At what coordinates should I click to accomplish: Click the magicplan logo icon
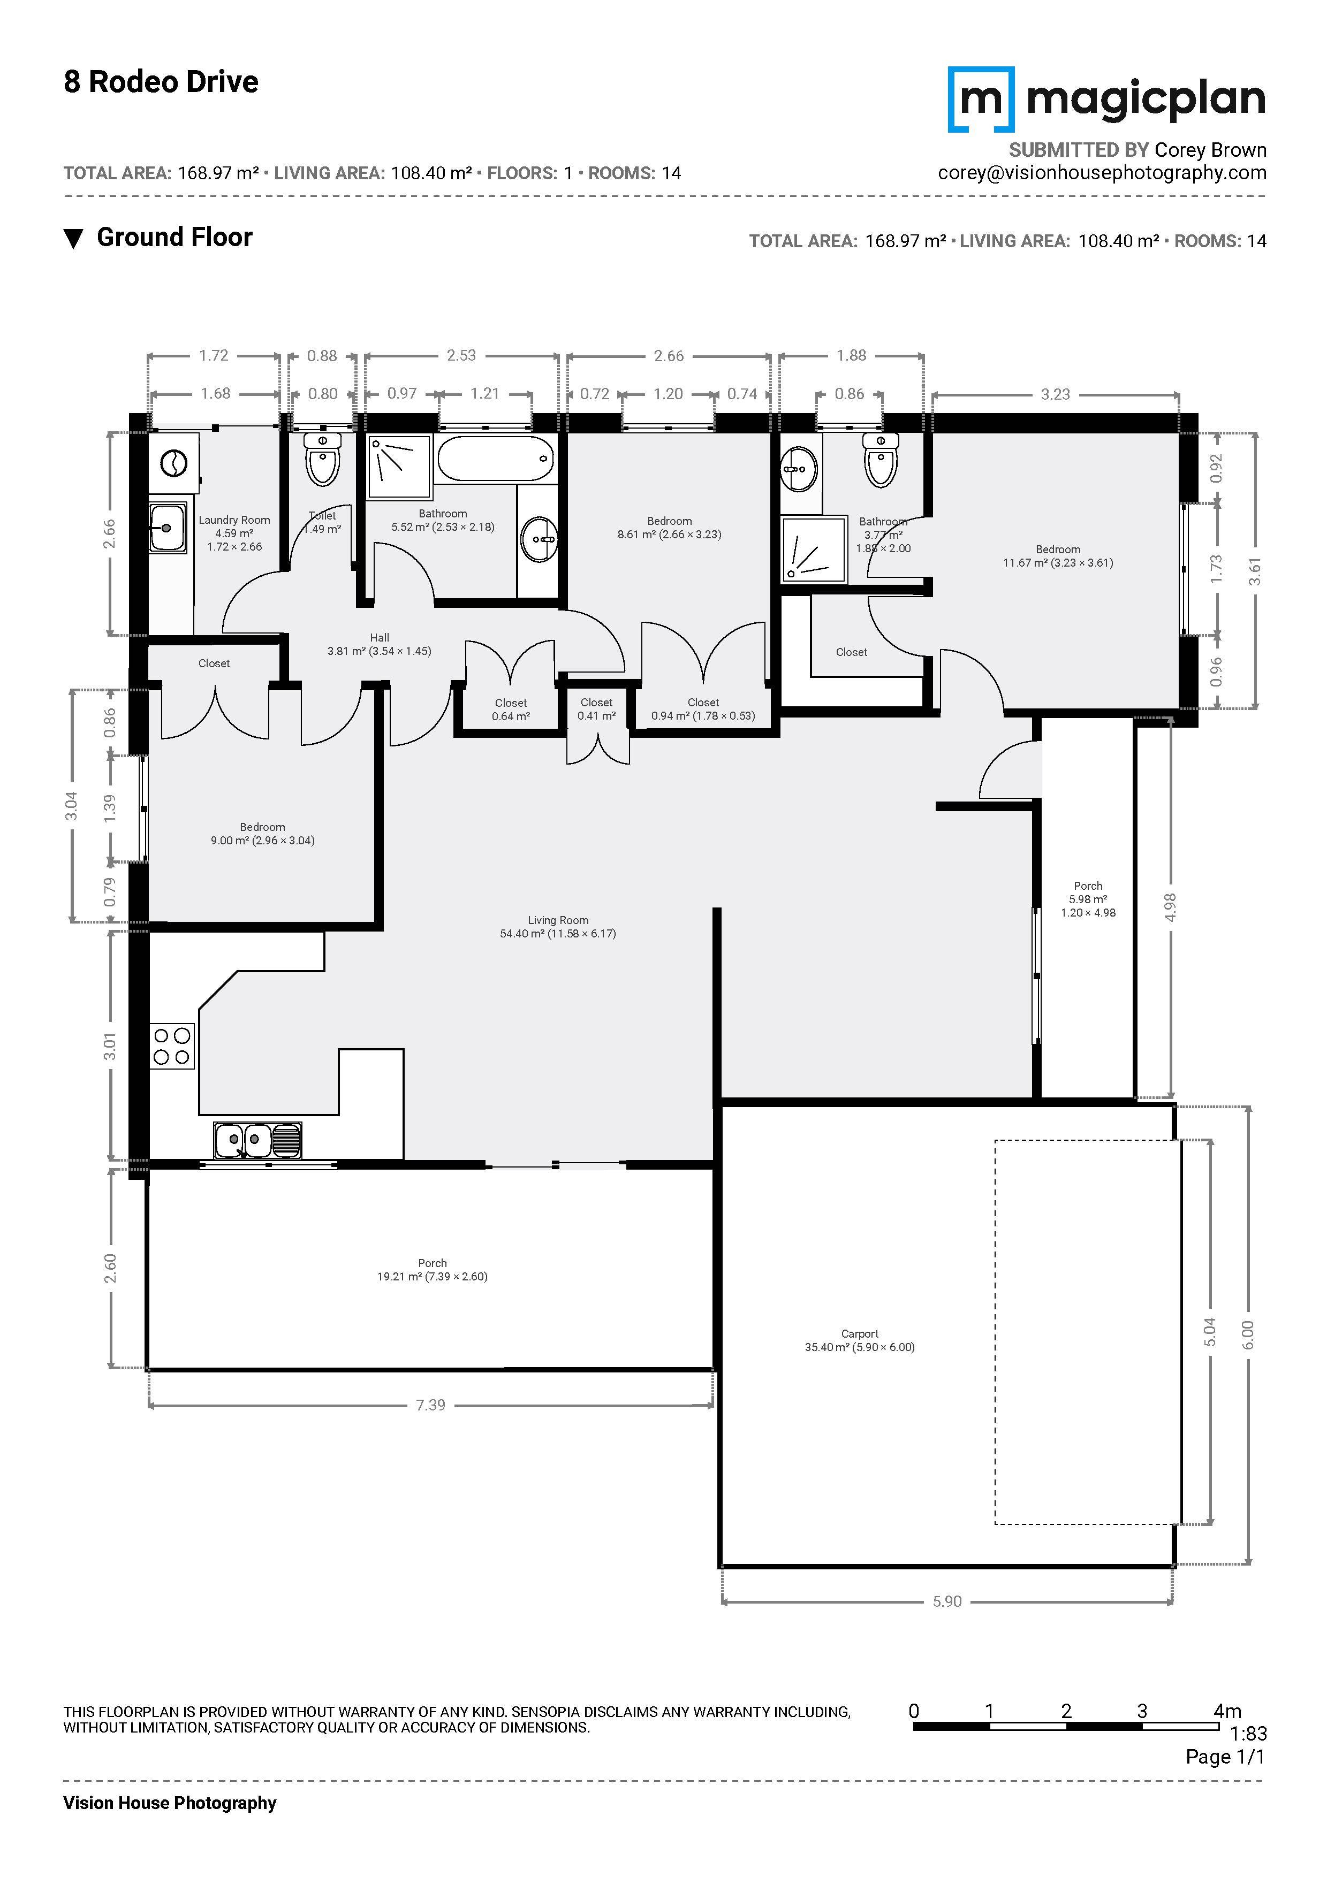pos(980,99)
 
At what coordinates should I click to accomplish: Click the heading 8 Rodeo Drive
pos(161,82)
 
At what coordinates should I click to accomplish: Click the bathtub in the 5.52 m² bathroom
pos(496,459)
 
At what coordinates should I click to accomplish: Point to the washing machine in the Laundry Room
pos(173,463)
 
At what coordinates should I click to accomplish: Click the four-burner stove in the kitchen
pos(172,1046)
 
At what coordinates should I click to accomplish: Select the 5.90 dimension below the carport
pos(947,1601)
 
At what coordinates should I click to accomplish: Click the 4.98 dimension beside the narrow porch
pos(1170,907)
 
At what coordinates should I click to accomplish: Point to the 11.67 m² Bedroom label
pos(1058,556)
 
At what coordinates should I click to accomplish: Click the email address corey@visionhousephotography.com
pos(1101,172)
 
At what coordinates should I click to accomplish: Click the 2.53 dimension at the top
pos(461,356)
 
